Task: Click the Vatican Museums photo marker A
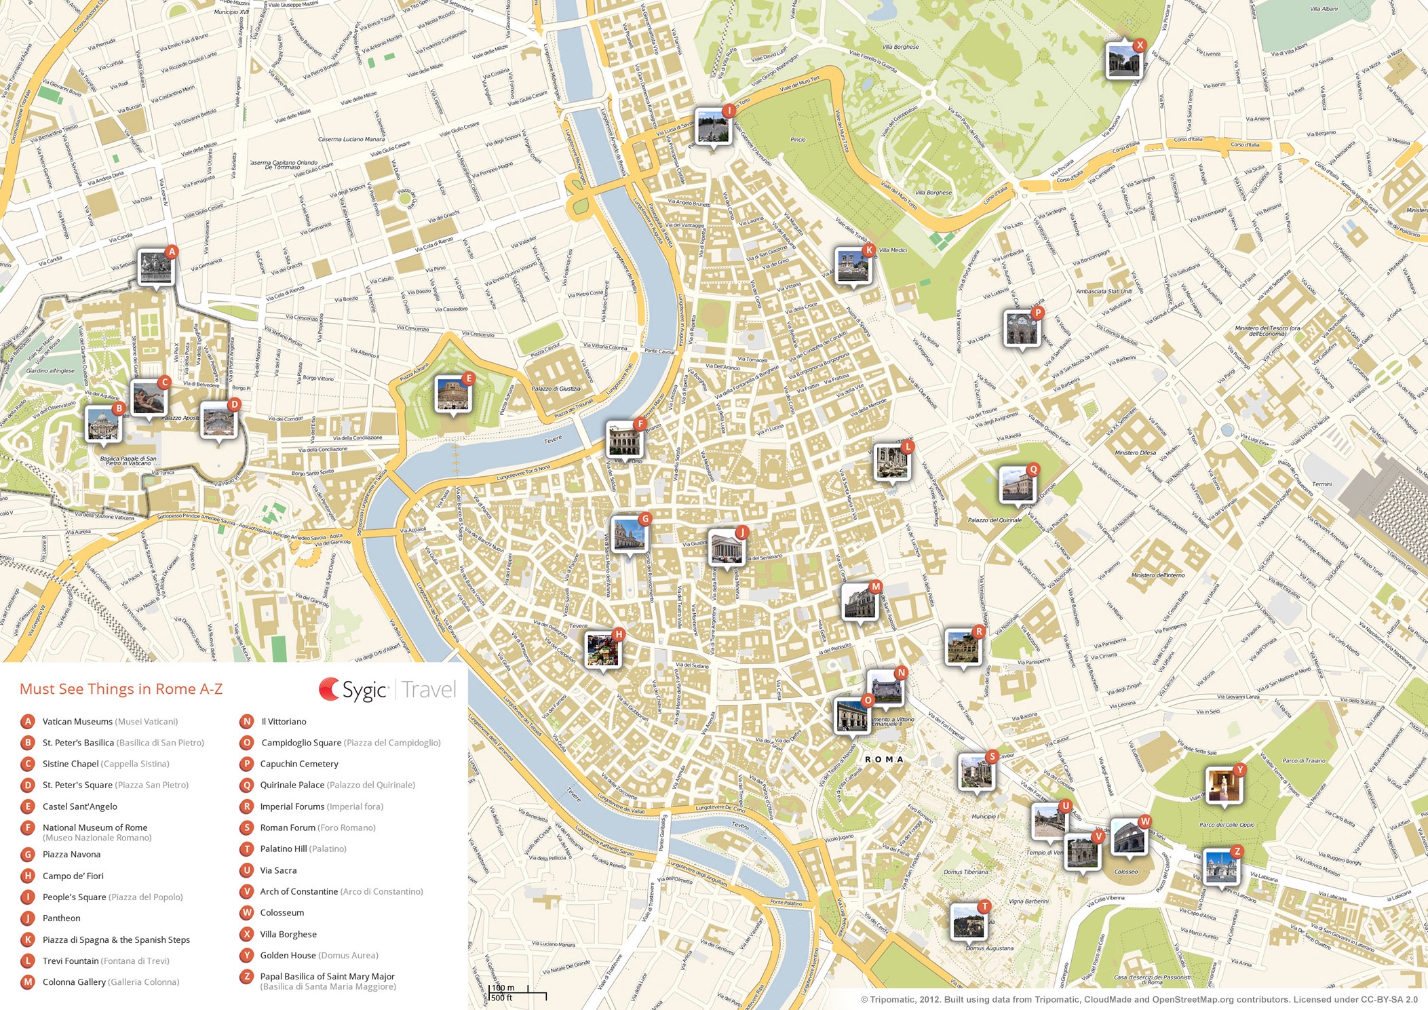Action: pos(156,267)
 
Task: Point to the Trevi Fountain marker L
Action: pos(891,462)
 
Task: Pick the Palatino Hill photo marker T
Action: pos(968,921)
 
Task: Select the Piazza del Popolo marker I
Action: pos(712,127)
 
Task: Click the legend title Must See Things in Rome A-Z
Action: pos(121,689)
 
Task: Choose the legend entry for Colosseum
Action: pos(282,913)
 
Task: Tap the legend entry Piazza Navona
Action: pos(71,855)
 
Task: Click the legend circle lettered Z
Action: pos(247,977)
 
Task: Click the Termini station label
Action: pos(1321,484)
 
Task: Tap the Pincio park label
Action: pos(798,140)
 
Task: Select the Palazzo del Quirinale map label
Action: pos(995,520)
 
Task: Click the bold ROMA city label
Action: pos(884,759)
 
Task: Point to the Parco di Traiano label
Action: pos(1303,760)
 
